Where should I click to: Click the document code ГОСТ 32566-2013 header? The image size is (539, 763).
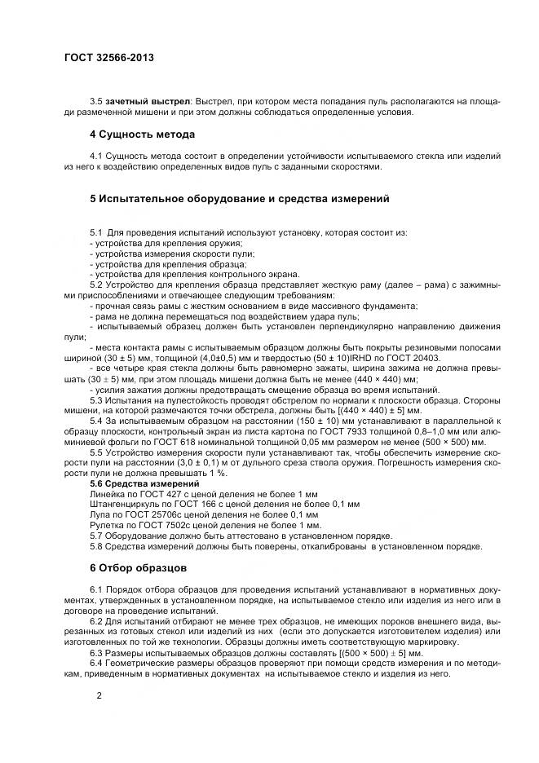(108, 58)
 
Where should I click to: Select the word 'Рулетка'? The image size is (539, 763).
(108, 526)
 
